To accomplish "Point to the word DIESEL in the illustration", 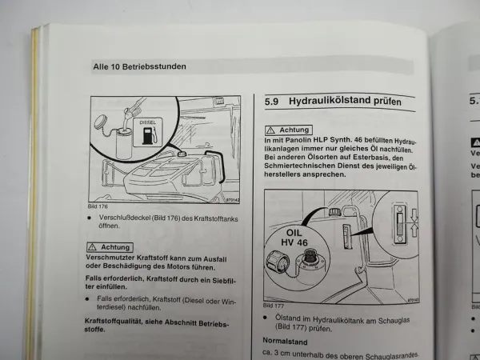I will pos(150,123).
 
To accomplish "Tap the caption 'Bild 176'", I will pos(97,206).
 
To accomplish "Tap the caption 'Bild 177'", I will pos(274,306).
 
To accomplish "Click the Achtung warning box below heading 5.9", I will pos(289,130).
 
